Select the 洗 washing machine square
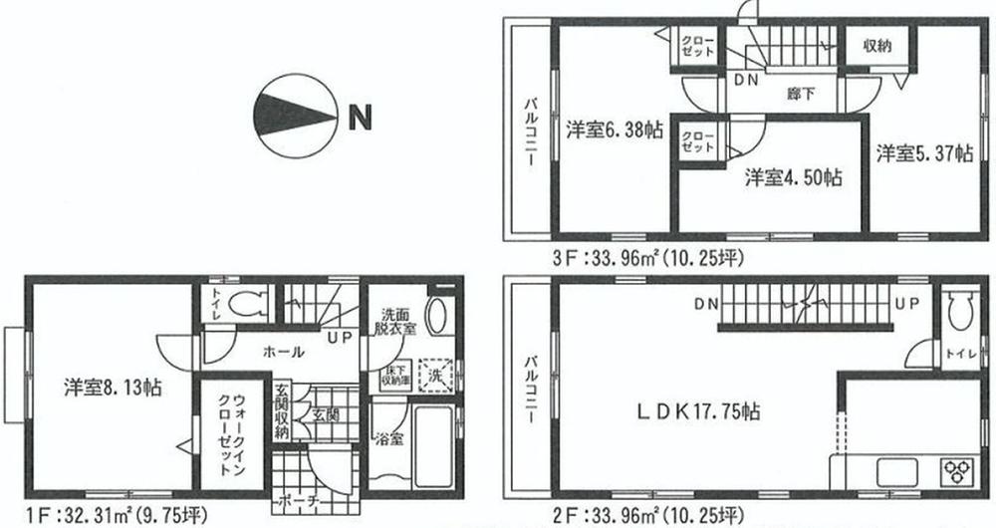click(435, 376)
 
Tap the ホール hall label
click(284, 352)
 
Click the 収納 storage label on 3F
click(877, 46)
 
